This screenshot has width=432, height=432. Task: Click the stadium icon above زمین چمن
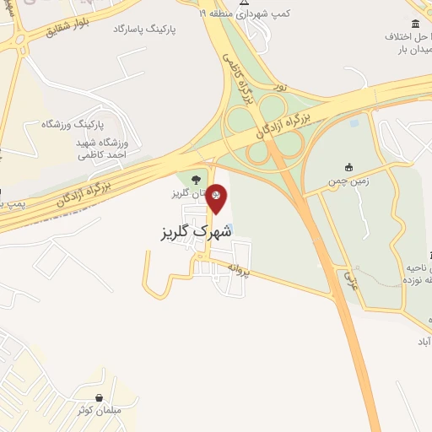point(348,167)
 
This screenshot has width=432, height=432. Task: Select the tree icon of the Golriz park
point(196,179)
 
